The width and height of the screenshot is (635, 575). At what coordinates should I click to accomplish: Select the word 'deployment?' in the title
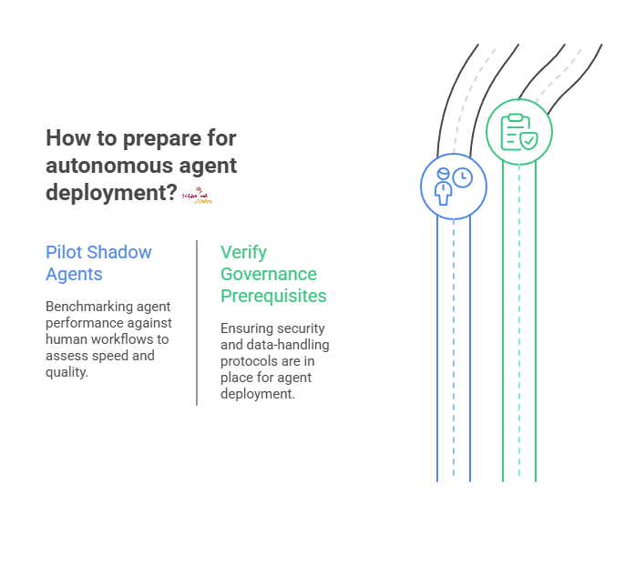click(x=111, y=193)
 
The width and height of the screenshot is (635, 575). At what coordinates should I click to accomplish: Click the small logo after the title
click(x=196, y=195)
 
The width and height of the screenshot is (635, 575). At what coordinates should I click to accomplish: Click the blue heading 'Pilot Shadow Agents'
click(x=98, y=263)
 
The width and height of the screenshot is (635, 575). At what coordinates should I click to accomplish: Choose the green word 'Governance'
click(x=268, y=274)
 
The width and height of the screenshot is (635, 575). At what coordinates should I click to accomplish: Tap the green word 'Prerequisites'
click(x=273, y=296)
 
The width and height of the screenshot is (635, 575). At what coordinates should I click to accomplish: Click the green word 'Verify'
click(x=243, y=252)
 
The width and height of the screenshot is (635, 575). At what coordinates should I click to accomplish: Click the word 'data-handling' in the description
click(x=289, y=345)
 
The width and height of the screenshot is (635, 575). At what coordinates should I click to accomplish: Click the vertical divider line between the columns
click(x=197, y=322)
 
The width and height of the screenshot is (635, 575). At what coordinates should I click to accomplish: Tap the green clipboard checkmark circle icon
click(x=518, y=131)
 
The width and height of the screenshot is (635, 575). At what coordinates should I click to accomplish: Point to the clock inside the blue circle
click(x=463, y=177)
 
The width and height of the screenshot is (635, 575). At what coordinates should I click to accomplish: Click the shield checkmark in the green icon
click(x=527, y=141)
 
